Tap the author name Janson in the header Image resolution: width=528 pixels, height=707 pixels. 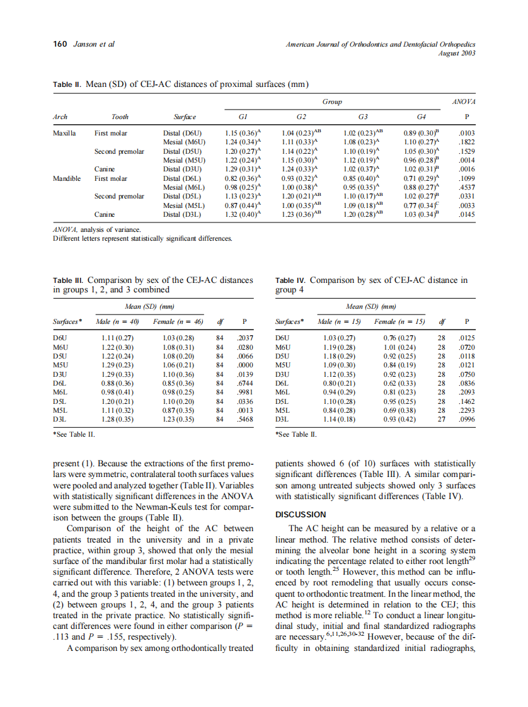click(86, 44)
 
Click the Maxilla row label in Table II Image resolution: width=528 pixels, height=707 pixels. click(64, 134)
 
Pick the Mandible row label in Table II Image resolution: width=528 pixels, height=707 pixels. click(67, 178)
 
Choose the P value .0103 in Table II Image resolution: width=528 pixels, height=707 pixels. click(466, 134)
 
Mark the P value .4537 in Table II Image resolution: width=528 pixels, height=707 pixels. click(466, 187)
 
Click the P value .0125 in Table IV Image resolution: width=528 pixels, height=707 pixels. click(466, 338)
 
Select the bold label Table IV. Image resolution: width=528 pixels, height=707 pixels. click(290, 280)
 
